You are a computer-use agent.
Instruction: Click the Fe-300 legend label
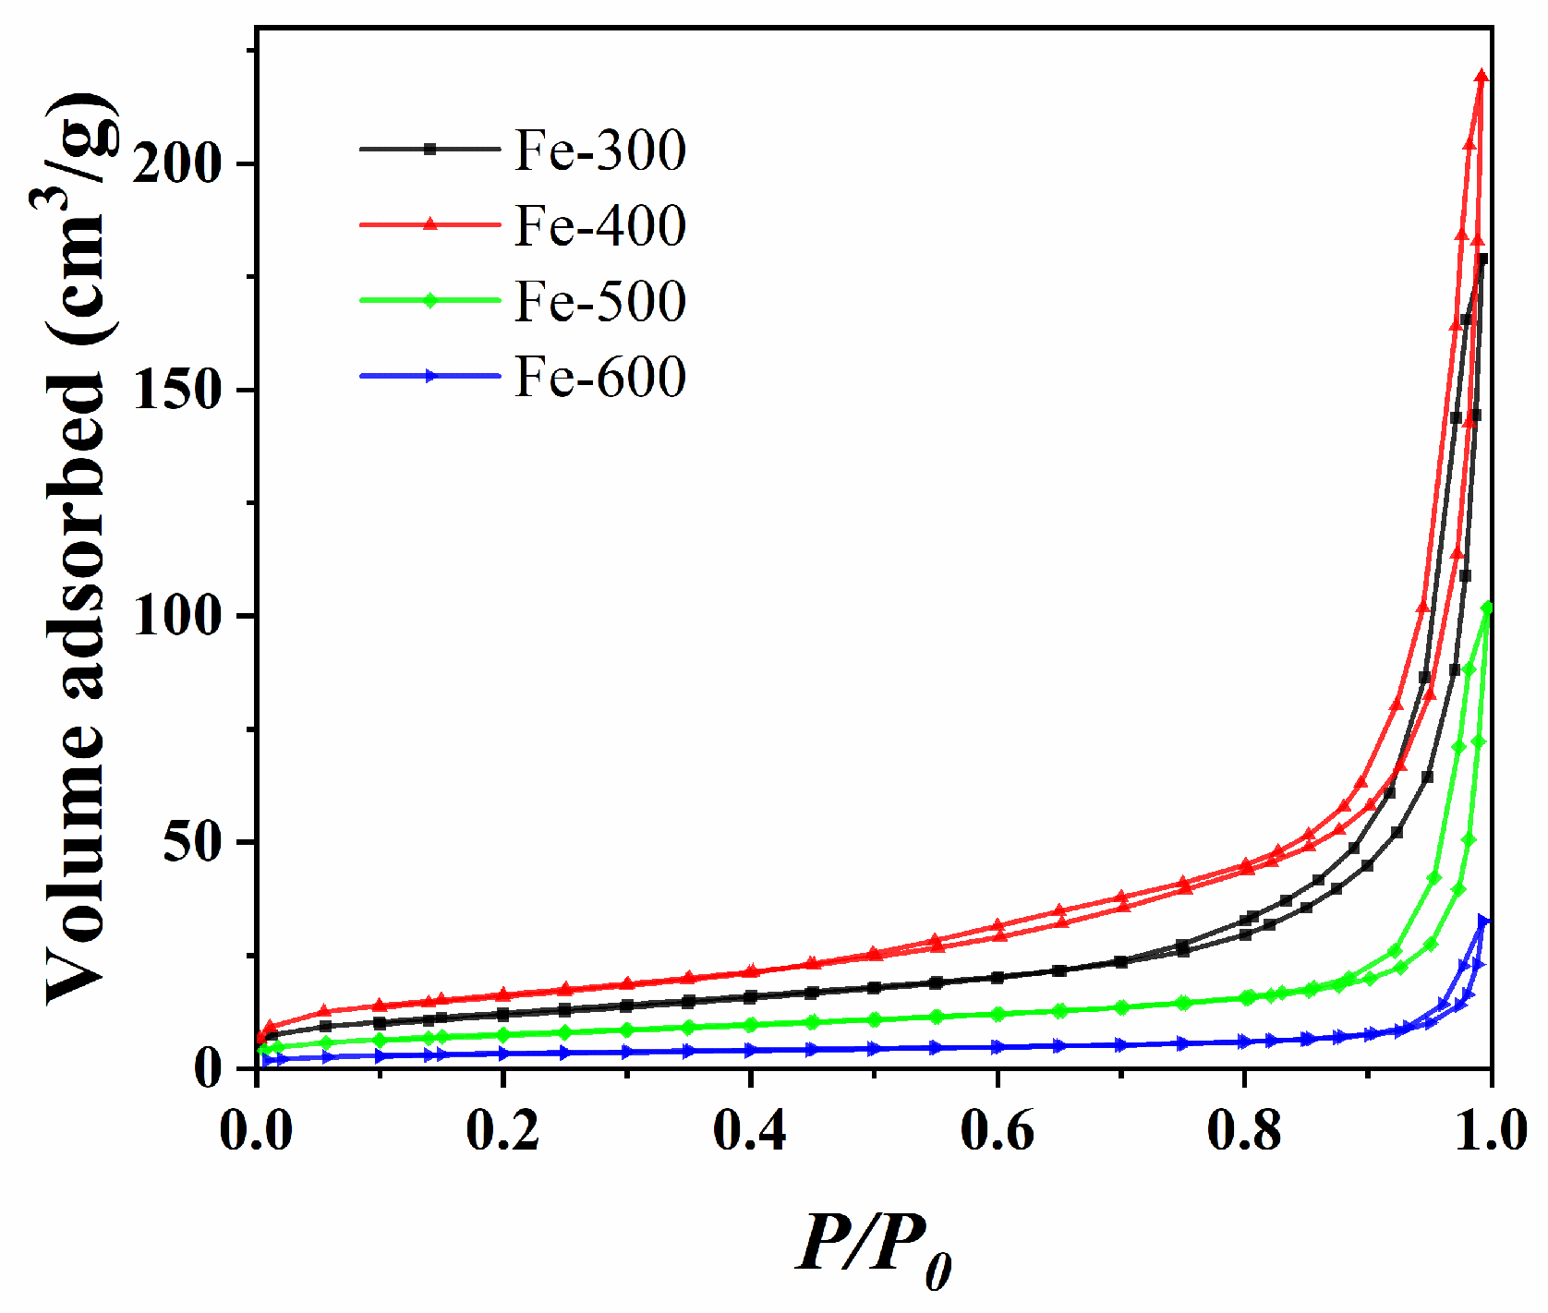coord(600,150)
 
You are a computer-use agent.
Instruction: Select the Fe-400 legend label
coord(600,225)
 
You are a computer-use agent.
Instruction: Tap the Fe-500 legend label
coord(600,301)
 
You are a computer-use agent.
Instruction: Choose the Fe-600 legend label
coord(600,377)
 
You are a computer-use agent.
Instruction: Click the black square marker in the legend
coord(429,149)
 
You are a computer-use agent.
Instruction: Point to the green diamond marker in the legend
coord(429,300)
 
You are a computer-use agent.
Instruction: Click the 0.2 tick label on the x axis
coord(502,1130)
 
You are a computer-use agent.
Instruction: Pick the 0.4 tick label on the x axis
coord(750,1130)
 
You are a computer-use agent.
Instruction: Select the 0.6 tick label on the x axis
coord(997,1130)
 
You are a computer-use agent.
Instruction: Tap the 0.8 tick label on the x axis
coord(1244,1130)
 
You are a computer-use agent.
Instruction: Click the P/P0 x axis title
coord(874,1247)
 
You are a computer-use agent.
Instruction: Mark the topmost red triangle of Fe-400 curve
coord(1481,77)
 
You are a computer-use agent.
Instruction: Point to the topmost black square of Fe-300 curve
coord(1483,259)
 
